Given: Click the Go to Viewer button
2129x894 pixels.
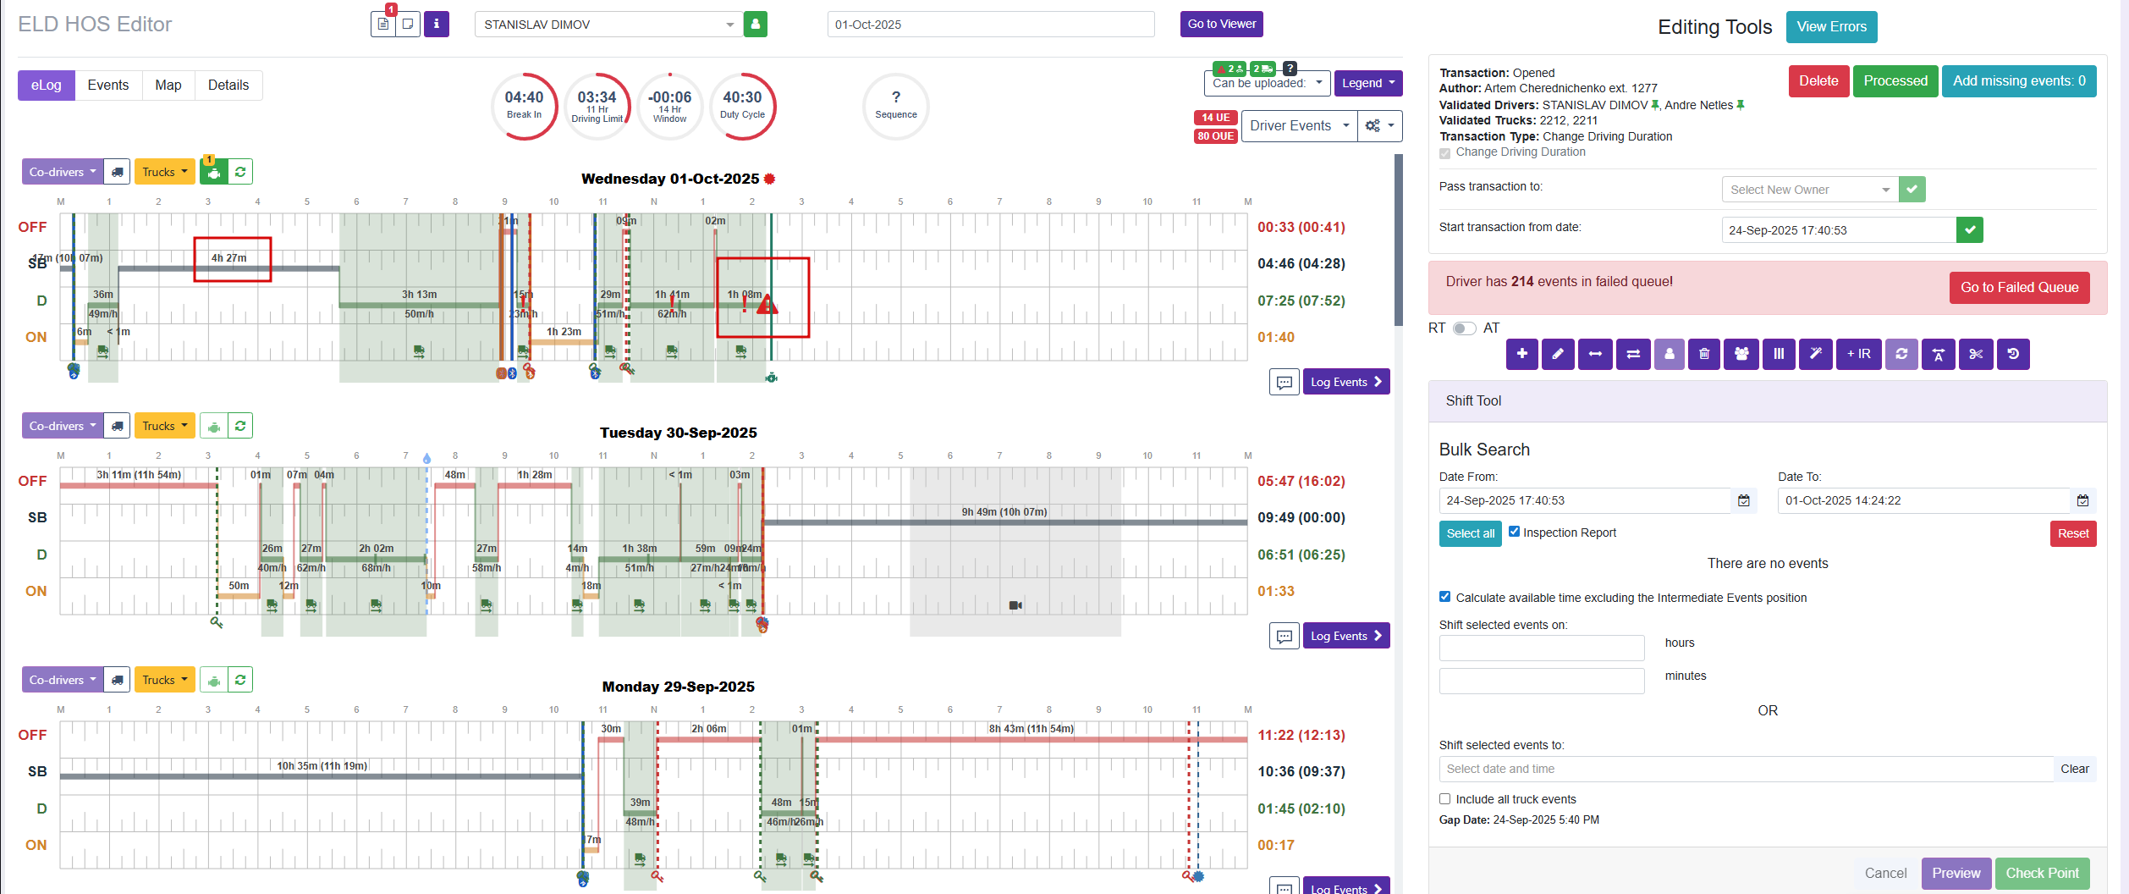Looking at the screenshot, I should pos(1221,24).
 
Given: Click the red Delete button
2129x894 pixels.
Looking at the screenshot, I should pos(1818,81).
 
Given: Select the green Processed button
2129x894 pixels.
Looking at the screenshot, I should pos(1895,81).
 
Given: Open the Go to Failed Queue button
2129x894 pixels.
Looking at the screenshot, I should pos(2019,288).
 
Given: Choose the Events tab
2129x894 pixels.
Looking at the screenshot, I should pos(108,86).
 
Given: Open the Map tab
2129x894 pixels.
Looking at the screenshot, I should pos(168,86).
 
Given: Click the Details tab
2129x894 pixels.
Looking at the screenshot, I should pos(228,86).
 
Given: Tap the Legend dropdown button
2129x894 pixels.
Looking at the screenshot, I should pos(1367,83).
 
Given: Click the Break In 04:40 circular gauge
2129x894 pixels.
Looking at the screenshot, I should pos(524,106).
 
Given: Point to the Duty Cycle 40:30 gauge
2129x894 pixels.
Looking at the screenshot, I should pos(742,106).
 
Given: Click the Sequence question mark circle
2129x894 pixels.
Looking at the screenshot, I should pos(895,106).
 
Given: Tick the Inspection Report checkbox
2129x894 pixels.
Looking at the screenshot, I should pos(1515,532).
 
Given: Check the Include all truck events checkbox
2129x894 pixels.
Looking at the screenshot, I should pos(1445,799).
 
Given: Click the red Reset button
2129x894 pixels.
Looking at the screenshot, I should pos(2072,533).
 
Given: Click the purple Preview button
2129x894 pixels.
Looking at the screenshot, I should pos(1956,873).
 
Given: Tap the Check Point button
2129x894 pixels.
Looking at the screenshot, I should pos(2042,873).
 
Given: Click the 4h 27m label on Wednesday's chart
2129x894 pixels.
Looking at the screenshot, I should pos(229,258).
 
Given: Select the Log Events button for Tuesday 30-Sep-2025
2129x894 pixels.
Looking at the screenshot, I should pos(1345,636).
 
